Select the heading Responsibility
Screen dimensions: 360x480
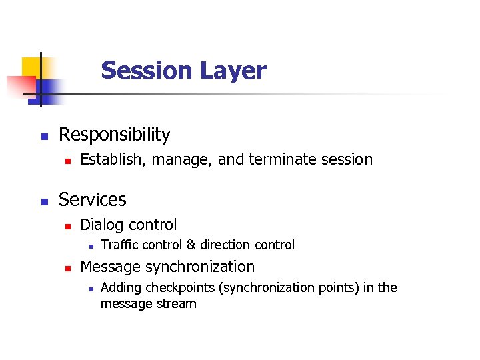(x=115, y=135)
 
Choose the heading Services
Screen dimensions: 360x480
(x=93, y=199)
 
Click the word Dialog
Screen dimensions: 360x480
(x=102, y=225)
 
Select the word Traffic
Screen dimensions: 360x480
(x=121, y=245)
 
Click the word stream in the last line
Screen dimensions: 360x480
(x=177, y=303)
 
